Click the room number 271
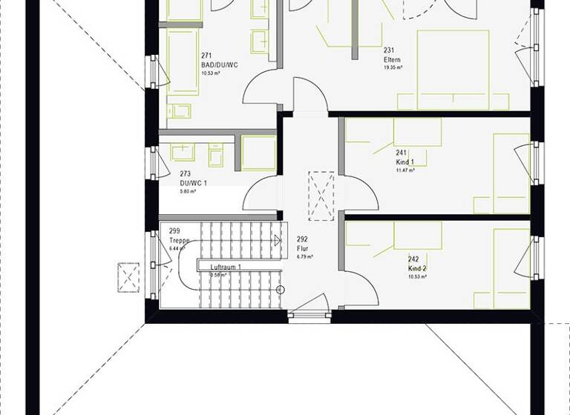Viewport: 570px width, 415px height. point(206,56)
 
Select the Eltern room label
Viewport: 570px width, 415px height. point(393,59)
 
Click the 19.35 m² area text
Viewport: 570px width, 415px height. point(393,67)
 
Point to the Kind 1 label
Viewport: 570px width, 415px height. point(405,162)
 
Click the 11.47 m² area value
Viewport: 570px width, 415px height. point(405,170)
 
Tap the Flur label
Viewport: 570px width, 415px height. point(302,249)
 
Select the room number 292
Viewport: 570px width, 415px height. point(302,239)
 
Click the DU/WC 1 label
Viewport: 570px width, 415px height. point(193,183)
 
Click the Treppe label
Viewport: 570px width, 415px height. point(179,241)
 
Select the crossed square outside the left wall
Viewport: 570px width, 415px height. point(128,277)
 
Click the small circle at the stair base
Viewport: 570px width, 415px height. point(281,289)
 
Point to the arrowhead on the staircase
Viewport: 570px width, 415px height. point(276,239)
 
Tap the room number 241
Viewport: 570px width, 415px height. point(402,153)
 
